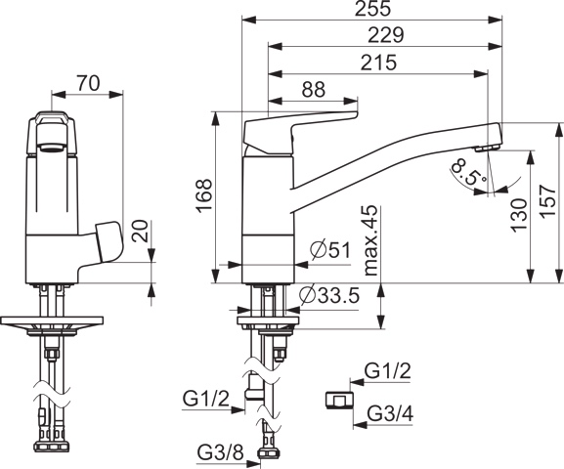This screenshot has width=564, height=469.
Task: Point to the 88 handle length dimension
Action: pyautogui.click(x=313, y=89)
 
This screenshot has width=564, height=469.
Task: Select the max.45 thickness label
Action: pyautogui.click(x=369, y=239)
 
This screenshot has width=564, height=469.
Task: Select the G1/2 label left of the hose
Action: pyautogui.click(x=205, y=398)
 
